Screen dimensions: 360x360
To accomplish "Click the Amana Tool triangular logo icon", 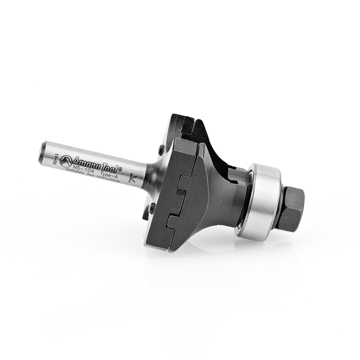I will coord(66,161).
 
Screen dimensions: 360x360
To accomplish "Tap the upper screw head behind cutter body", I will coord(161,150).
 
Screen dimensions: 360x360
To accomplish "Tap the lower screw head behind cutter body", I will coord(152,208).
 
